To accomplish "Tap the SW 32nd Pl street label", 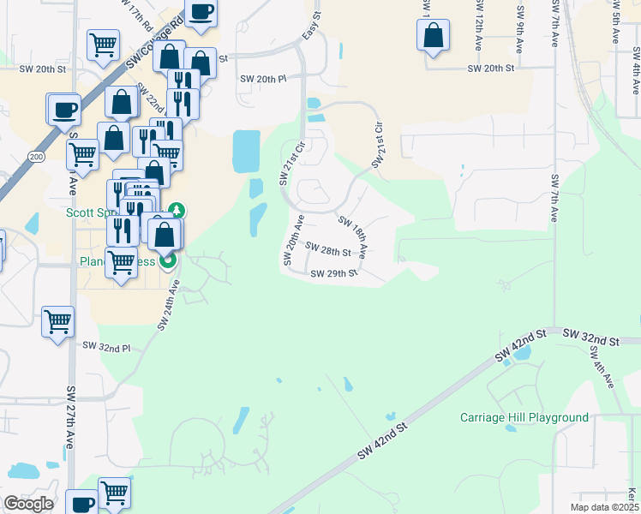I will click(106, 348).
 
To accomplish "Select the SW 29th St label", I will click(333, 274).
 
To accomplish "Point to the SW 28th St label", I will click(328, 252).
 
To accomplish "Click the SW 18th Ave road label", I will click(353, 238).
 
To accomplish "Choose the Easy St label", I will click(312, 28).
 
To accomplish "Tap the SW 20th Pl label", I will click(262, 79).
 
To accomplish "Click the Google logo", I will click(28, 504).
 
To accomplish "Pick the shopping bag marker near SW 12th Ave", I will click(433, 36).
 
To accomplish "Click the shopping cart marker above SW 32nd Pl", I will click(58, 322).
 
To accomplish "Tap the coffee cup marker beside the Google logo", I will click(81, 504).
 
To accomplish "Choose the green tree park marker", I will click(177, 210).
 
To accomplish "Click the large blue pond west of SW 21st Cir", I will click(247, 152).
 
